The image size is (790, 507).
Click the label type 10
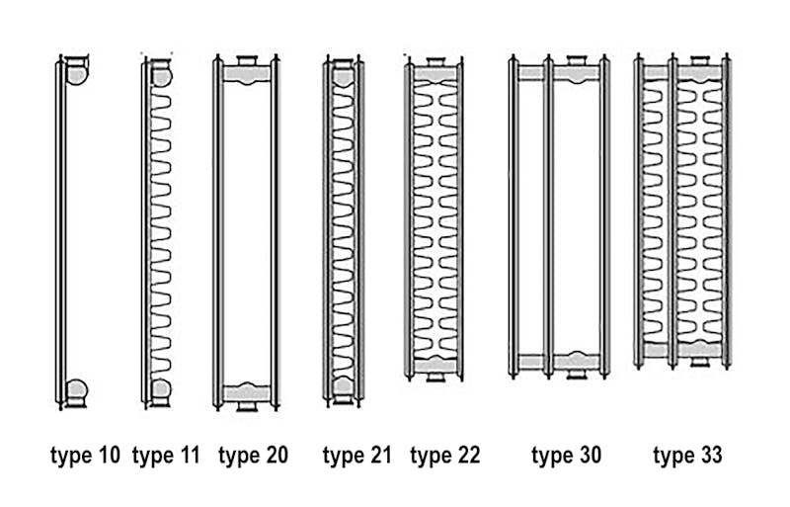click(x=85, y=456)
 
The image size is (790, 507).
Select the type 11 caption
click(x=166, y=456)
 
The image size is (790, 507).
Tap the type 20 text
click(x=253, y=456)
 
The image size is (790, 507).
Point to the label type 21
click(x=356, y=456)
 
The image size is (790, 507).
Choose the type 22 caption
click(x=445, y=456)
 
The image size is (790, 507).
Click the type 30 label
click(x=566, y=456)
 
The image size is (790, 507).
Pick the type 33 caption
click(x=687, y=456)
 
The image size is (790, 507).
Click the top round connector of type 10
click(x=77, y=71)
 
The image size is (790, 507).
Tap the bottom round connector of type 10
click(x=77, y=391)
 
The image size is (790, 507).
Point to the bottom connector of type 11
click(x=161, y=391)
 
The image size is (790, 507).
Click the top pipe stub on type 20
click(x=247, y=60)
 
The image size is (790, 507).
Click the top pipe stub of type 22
click(x=435, y=62)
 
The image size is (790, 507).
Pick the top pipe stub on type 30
click(x=577, y=60)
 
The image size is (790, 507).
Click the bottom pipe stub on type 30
click(x=577, y=374)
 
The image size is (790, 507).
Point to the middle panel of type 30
click(x=549, y=216)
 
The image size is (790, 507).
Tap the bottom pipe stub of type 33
click(x=699, y=361)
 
